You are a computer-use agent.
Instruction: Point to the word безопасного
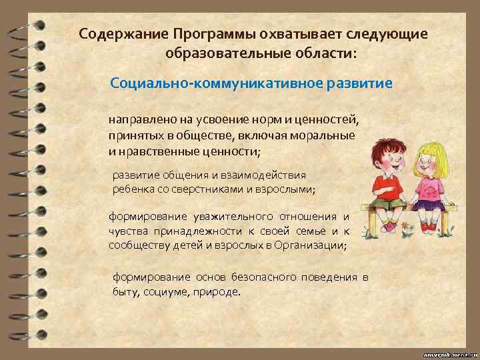pyautogui.click(x=259, y=277)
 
